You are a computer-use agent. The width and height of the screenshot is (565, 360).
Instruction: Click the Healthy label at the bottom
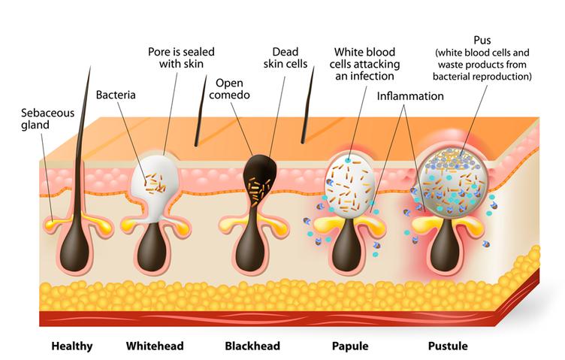[x=72, y=346]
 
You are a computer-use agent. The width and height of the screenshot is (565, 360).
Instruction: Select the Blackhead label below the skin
[x=252, y=346]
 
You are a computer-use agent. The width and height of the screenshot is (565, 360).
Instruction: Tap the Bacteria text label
[x=115, y=95]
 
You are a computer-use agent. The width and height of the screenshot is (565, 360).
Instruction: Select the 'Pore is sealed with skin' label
[x=181, y=59]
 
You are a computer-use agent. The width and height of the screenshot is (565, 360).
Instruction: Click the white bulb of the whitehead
[x=161, y=180]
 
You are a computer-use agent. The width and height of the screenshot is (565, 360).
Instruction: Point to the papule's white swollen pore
[x=349, y=184]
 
